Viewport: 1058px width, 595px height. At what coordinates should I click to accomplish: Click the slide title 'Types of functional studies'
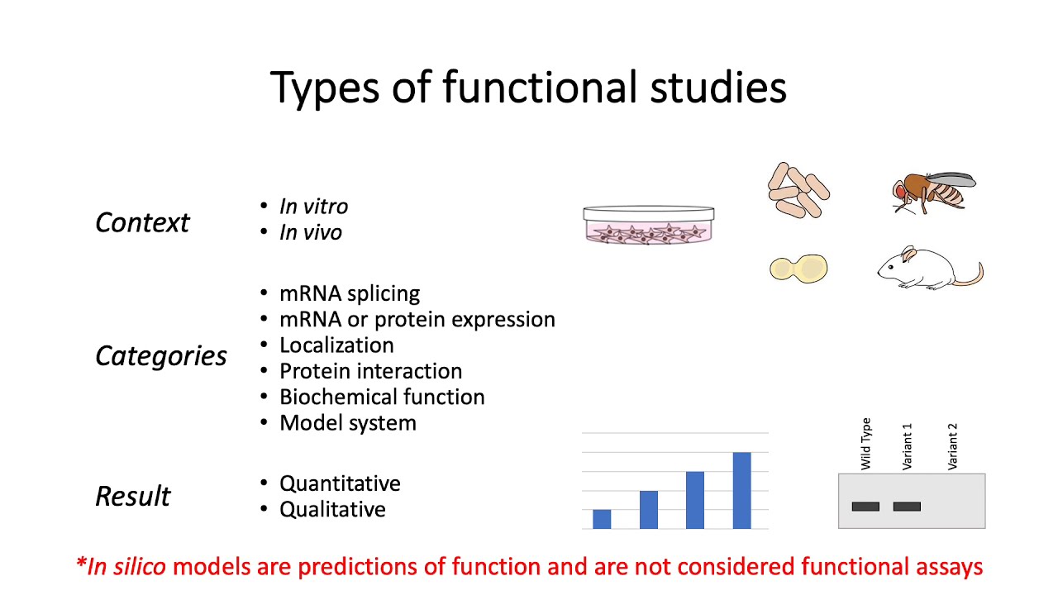(528, 87)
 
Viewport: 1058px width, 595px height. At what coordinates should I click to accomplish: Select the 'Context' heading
(142, 222)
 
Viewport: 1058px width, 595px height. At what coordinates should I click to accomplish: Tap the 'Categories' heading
(160, 355)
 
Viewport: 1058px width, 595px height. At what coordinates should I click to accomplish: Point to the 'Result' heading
(132, 496)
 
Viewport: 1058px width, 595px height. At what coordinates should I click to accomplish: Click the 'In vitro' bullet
(313, 206)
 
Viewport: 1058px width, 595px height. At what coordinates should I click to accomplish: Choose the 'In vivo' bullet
(310, 232)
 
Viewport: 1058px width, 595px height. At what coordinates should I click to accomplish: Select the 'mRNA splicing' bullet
(349, 293)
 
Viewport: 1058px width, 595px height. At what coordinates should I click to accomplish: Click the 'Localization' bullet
(336, 345)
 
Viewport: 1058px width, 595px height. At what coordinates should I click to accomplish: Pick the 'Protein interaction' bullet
(370, 371)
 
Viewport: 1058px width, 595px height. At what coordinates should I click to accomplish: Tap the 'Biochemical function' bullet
(382, 397)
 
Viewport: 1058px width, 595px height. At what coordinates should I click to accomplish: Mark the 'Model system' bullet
(347, 423)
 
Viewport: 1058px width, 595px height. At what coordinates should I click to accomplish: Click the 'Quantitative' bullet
(340, 483)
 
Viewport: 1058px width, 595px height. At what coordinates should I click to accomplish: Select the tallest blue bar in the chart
(741, 490)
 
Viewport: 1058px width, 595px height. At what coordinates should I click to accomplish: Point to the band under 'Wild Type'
(865, 507)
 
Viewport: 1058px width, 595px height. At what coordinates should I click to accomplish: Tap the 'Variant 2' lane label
(952, 447)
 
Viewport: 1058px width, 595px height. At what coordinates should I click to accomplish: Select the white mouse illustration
(926, 268)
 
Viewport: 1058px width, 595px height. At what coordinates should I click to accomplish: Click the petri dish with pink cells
(649, 226)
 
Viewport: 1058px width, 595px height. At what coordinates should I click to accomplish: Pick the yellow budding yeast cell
(798, 268)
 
